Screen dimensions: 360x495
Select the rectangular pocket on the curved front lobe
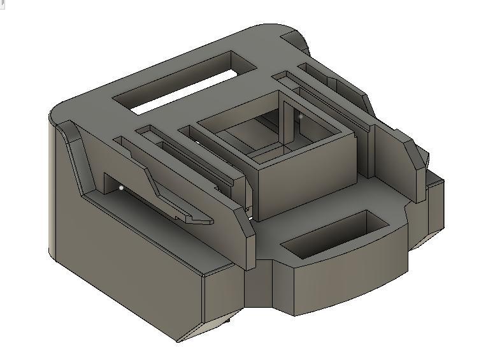click(x=334, y=234)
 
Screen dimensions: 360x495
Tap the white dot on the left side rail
click(x=122, y=187)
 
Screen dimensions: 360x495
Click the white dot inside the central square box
click(x=301, y=117)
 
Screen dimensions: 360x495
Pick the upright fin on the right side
click(x=401, y=159)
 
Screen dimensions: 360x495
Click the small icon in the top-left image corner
click(x=3, y=3)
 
